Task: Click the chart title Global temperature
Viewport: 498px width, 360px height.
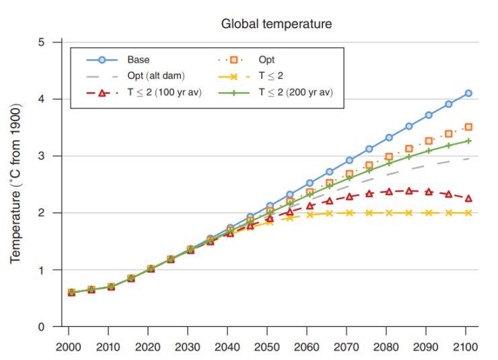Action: (277, 24)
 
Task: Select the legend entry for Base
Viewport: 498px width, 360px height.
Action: (138, 59)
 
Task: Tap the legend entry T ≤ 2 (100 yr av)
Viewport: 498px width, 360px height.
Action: (166, 92)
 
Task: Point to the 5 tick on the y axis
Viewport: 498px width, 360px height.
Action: (41, 42)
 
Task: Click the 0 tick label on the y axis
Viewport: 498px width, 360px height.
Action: (41, 327)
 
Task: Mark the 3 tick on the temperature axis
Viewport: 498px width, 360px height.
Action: (41, 156)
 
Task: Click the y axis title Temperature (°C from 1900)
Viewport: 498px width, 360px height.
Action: (16, 183)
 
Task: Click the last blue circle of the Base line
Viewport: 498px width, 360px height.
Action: (468, 94)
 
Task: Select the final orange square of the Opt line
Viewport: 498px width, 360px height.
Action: (468, 127)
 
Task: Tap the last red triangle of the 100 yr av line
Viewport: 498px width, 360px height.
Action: (468, 199)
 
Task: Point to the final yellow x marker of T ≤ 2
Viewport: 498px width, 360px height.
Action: (468, 213)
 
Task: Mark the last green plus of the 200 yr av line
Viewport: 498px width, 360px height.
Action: (468, 141)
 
